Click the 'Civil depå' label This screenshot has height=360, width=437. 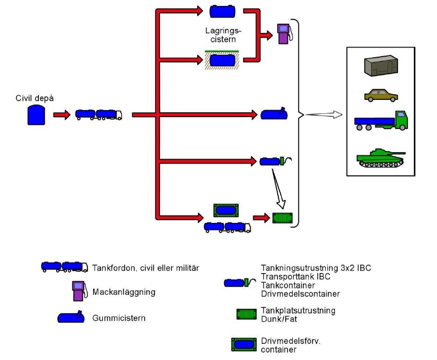coord(35,98)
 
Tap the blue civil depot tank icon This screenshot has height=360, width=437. coord(36,115)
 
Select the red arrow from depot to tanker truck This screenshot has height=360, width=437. coord(62,115)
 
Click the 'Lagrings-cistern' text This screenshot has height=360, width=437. coord(223,35)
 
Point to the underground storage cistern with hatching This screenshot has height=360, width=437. coord(222,60)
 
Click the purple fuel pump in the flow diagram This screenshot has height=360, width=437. coord(285,33)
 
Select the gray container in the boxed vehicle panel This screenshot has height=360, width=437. coord(381,65)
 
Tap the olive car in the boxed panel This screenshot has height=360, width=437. coord(381,95)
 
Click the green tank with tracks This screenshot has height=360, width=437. coord(381,158)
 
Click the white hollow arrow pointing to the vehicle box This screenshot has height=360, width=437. coord(324,114)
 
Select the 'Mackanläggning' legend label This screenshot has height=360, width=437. coord(124,292)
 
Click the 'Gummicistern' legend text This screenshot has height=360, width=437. coord(119,318)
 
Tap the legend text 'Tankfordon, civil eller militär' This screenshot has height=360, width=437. coord(146,268)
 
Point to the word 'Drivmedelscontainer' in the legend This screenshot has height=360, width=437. coord(300,294)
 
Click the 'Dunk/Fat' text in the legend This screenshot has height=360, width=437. coord(279,319)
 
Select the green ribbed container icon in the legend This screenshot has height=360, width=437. coord(247,314)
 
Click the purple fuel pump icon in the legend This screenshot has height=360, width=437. coord(80,291)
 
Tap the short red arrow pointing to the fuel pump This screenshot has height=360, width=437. coord(266,36)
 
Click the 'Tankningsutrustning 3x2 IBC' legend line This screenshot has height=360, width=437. coord(316,268)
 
